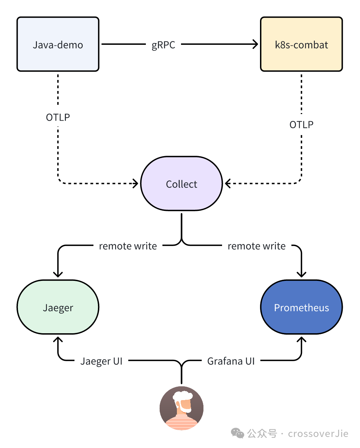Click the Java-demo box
pos(58,44)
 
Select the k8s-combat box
pos(301,44)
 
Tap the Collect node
pos(181,184)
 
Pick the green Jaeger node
pos(58,307)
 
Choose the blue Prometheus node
pos(301,307)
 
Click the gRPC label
pos(163,45)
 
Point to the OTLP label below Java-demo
pos(58,117)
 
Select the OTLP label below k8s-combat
pos(301,124)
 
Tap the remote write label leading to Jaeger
pos(128,246)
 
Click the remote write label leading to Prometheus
pos(257,246)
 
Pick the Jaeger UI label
pos(101,361)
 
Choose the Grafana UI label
pos(231,361)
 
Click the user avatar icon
pos(181,408)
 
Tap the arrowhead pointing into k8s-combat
pos(255,44)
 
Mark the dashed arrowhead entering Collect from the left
pos(136,183)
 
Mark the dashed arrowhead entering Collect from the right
pos(228,183)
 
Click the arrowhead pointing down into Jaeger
pos(58,274)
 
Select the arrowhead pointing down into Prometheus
pos(301,274)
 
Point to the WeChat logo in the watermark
pos(238,433)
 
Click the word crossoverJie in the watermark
pos(318,434)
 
